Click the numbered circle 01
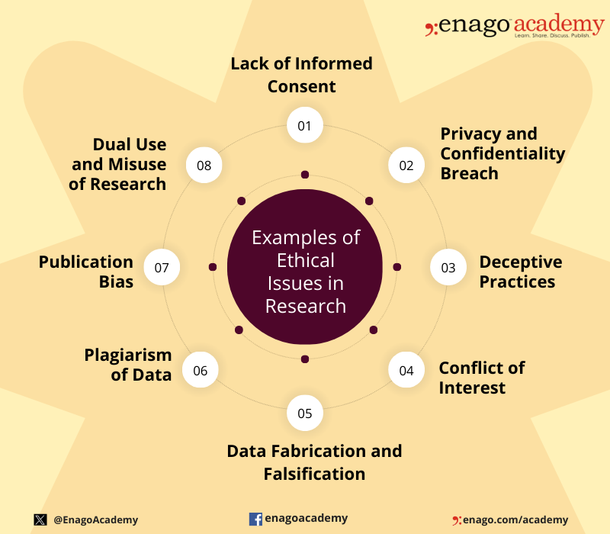click(x=304, y=125)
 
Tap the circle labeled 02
click(x=406, y=165)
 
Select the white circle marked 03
click(x=448, y=267)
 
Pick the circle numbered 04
click(x=406, y=370)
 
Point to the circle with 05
click(x=304, y=413)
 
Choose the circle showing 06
click(x=201, y=370)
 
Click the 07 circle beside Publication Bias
click(x=162, y=267)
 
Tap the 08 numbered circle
click(x=204, y=165)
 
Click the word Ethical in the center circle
click(x=306, y=260)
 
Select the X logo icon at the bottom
click(x=40, y=520)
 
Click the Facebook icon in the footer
click(x=255, y=519)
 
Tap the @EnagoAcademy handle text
click(x=96, y=520)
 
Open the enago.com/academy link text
click(x=515, y=520)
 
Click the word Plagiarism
click(x=128, y=355)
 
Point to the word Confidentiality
click(x=502, y=154)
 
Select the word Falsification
click(x=314, y=474)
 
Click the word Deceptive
click(x=521, y=262)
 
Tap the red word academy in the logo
click(x=559, y=24)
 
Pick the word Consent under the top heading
click(x=301, y=86)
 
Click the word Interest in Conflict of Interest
click(x=472, y=388)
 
